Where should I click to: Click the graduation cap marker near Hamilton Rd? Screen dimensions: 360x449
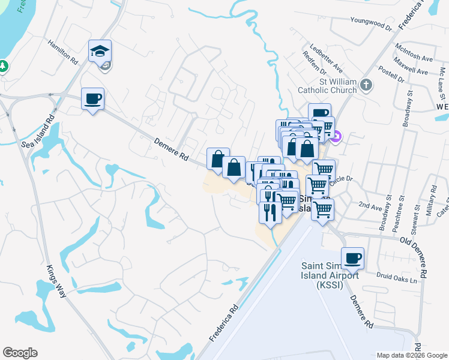100,51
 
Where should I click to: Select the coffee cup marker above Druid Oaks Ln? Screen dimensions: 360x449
352,257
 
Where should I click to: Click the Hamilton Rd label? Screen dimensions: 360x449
63,53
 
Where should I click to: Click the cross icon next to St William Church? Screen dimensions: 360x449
367,86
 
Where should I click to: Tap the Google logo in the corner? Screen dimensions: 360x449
20,353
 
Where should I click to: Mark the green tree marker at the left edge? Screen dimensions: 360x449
2,65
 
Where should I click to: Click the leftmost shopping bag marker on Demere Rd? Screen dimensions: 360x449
218,158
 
